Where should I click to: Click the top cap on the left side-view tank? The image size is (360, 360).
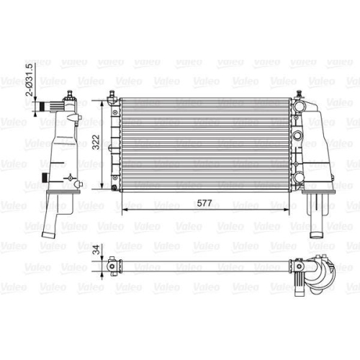click(x=68, y=96)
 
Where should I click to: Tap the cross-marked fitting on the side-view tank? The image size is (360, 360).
click(x=68, y=176)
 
